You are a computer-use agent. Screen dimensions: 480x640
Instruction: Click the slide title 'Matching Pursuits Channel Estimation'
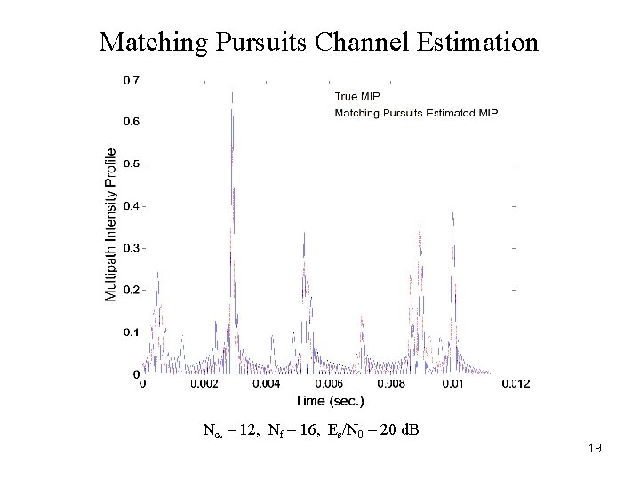[319, 42]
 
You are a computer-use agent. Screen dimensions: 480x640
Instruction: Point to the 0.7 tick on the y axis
[130, 80]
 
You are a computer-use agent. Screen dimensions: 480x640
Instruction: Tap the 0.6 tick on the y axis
[130, 122]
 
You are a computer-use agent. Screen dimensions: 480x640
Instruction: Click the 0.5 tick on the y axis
[130, 164]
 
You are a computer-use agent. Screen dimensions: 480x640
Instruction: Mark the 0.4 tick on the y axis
[130, 206]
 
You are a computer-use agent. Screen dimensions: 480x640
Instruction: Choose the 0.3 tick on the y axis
[130, 248]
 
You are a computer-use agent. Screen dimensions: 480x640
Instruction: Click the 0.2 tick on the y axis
[130, 290]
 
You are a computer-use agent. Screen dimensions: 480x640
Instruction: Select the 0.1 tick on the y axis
[130, 332]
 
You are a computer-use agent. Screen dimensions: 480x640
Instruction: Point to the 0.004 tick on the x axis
[266, 384]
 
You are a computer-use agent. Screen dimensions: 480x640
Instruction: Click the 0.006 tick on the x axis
[329, 384]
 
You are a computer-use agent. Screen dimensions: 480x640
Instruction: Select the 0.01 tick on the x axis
[453, 384]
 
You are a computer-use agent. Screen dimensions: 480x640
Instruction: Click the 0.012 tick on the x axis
[516, 384]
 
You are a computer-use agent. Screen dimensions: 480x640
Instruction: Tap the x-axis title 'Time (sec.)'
[329, 401]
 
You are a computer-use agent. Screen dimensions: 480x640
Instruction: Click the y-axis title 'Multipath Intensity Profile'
[111, 224]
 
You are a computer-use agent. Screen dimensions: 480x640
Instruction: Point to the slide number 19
[595, 449]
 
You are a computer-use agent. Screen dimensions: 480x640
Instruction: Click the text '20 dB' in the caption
[400, 431]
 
